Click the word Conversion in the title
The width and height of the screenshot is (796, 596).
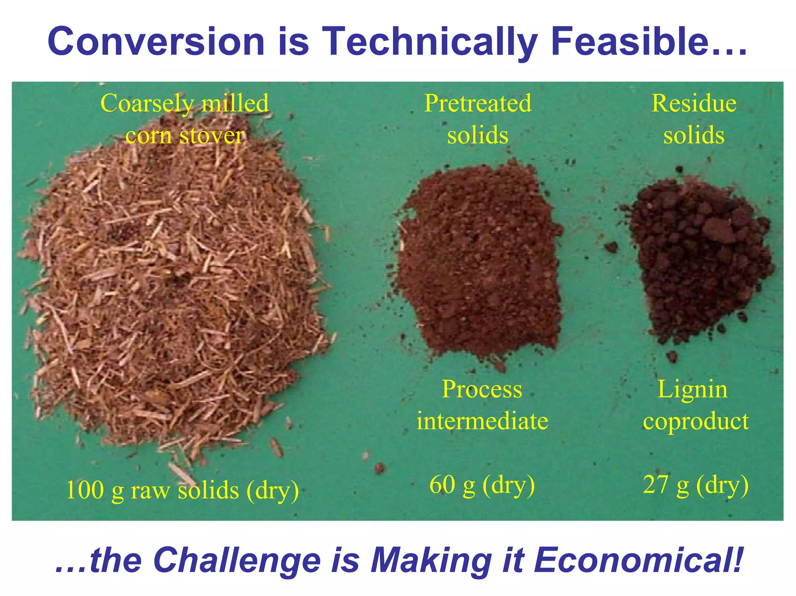pos(155,42)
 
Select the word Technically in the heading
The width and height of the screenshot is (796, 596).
pos(430,42)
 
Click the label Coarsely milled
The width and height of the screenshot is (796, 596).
pos(185,103)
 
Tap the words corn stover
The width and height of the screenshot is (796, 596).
pos(185,136)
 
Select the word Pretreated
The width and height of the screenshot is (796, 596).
pos(478,103)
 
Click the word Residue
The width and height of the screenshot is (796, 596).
pos(694,103)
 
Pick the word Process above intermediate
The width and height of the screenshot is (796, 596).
pos(482,389)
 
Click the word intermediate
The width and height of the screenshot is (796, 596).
pos(482,421)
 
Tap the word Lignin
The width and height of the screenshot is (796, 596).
pos(692,389)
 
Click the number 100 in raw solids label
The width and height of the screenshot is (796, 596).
pos(85,490)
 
